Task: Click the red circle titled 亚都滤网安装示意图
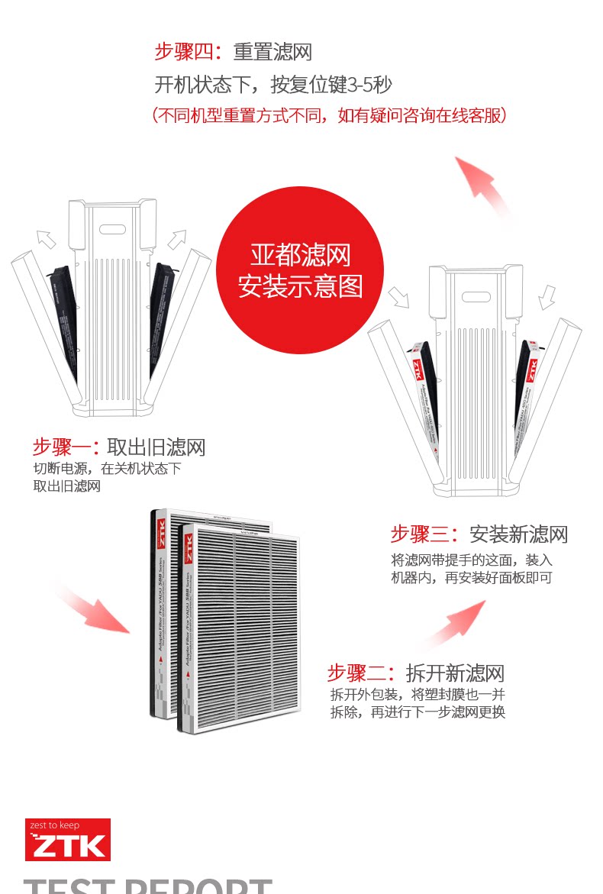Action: click(300, 269)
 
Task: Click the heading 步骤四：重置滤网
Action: click(233, 52)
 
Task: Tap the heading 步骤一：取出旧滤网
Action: click(119, 447)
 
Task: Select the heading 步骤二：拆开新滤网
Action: click(415, 673)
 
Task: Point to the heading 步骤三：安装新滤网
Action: click(479, 534)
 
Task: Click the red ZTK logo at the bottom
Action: click(68, 839)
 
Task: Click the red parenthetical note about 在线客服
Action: click(329, 115)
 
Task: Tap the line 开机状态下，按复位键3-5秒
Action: click(273, 84)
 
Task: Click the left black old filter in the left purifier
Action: click(64, 321)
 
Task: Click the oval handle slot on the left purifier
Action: click(112, 228)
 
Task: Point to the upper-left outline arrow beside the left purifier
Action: click(47, 239)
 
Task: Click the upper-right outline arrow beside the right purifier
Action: click(547, 296)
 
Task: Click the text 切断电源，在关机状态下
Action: click(107, 468)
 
